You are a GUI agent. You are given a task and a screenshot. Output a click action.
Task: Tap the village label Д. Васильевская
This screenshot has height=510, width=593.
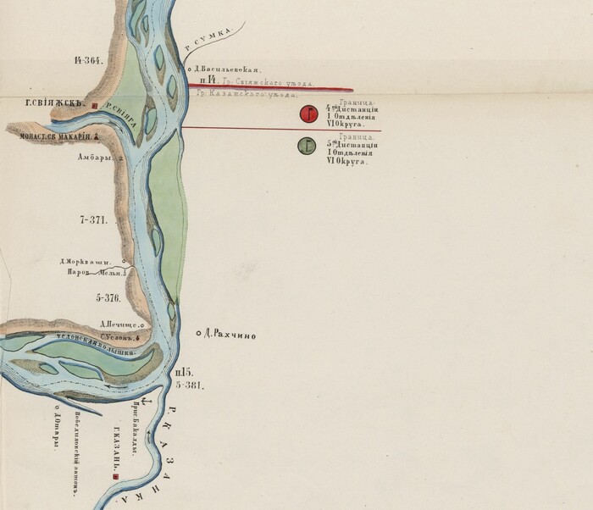[224, 69]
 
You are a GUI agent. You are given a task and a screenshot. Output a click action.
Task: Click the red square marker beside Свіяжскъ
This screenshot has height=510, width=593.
[95, 106]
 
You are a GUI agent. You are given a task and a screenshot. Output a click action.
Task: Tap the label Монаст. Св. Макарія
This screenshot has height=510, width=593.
[49, 135]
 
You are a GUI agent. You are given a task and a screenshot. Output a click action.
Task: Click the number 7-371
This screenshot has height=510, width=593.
[92, 220]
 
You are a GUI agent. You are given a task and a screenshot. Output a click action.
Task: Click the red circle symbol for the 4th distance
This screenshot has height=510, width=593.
[310, 114]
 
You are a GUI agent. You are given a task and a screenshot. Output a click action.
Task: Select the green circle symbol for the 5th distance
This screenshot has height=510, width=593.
[308, 147]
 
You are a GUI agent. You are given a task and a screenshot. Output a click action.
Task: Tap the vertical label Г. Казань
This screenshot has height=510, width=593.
[111, 450]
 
